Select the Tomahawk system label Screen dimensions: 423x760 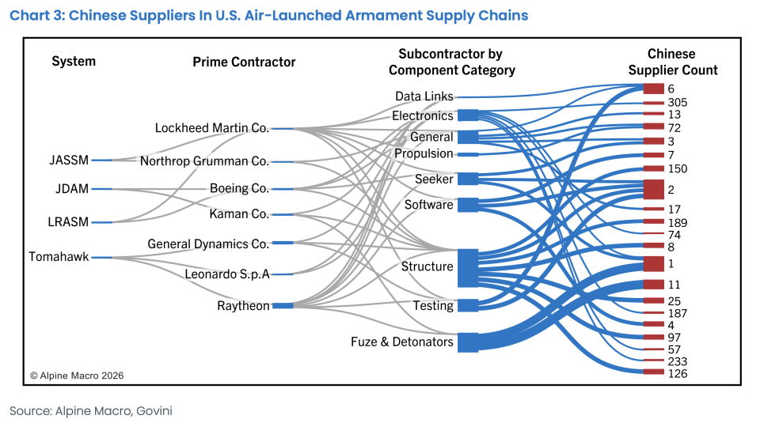coord(59,257)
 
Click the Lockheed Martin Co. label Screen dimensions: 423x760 coord(211,128)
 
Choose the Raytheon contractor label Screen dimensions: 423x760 coord(243,306)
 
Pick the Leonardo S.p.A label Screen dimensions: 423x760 coord(227,274)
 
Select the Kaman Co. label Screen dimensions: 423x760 coord(239,214)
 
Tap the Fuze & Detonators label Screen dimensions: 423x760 coord(402,342)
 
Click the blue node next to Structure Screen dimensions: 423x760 coord(468,267)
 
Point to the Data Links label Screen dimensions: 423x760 coord(424,96)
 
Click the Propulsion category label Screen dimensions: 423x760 coord(424,153)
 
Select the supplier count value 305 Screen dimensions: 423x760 coord(677,103)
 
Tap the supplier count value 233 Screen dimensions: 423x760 coord(677,361)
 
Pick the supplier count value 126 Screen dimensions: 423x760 coord(677,373)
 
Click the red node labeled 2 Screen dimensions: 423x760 coord(653,190)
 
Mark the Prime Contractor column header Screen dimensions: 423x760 coord(244,62)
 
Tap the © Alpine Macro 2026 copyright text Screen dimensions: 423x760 coord(77,376)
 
